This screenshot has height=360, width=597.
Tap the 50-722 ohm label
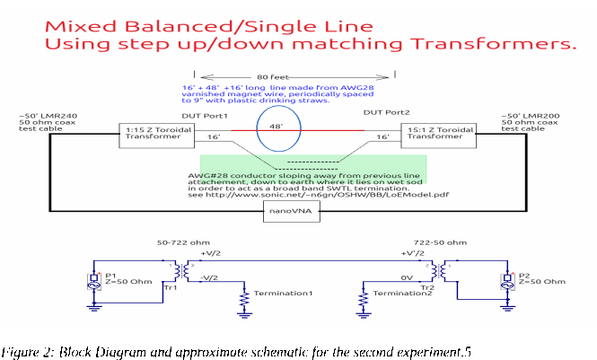[181, 242]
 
